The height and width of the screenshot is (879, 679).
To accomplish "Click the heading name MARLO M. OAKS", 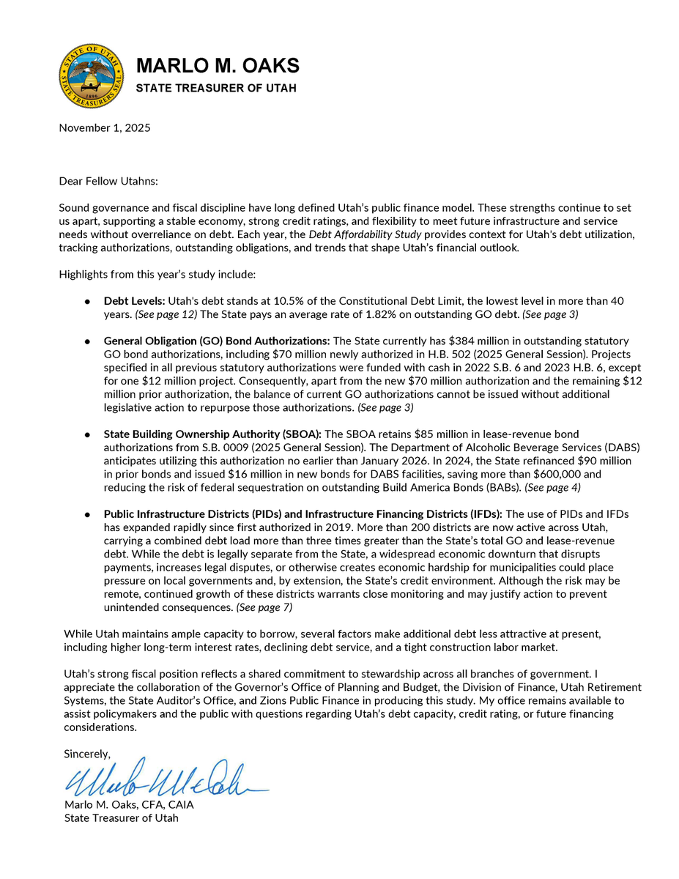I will tap(218, 65).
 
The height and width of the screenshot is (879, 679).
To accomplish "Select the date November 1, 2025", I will tap(105, 127).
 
